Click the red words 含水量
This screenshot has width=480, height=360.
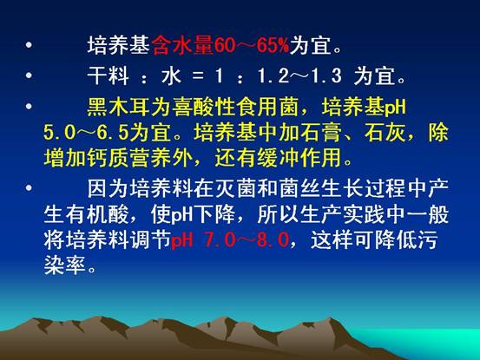(183, 46)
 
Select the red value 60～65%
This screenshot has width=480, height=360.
(252, 46)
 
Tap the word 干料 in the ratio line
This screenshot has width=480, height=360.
(108, 75)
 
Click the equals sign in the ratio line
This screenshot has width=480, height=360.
(198, 76)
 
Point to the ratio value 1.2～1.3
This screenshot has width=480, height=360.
(299, 75)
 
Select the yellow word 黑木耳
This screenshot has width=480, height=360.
(119, 107)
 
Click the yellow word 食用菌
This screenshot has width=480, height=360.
(268, 107)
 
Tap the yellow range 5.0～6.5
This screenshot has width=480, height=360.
(86, 133)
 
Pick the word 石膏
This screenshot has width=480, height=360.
(321, 133)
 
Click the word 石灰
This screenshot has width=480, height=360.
(385, 133)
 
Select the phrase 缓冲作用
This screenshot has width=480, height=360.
(299, 158)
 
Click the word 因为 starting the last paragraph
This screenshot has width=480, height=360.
(108, 188)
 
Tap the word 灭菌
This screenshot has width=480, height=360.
(235, 188)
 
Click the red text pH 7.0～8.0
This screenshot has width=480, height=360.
(230, 239)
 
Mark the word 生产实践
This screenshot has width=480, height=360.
(342, 214)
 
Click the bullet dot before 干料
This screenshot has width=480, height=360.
(30, 75)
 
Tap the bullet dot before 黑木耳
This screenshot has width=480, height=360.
(30, 107)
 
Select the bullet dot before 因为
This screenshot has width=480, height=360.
(30, 187)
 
